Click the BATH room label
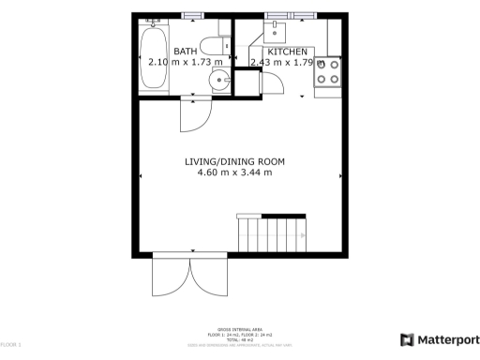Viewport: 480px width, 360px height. coord(185,51)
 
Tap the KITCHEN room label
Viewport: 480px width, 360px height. coord(287,51)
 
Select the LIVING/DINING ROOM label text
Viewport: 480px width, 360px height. coord(234,161)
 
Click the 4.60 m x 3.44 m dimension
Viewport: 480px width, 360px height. coord(234,172)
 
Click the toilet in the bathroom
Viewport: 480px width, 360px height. coord(212,47)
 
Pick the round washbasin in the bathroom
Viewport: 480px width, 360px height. coord(219,80)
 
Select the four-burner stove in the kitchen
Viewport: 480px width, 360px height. coord(328,71)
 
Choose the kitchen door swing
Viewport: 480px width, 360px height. coord(274,82)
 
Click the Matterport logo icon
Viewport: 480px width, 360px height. coord(408,340)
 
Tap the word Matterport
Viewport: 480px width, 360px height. coord(448,340)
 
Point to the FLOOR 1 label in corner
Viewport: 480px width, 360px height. coord(9,346)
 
